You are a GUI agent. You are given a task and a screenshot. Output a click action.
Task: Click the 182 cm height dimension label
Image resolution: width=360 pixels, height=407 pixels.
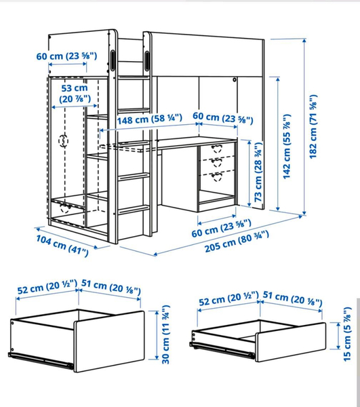(313, 127)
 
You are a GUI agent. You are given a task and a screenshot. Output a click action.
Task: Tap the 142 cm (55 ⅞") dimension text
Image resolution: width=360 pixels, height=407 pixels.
(287, 147)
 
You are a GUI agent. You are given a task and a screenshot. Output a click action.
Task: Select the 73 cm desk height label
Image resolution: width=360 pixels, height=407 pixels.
(258, 172)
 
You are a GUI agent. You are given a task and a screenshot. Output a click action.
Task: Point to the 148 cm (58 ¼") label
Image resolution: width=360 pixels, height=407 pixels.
(149, 119)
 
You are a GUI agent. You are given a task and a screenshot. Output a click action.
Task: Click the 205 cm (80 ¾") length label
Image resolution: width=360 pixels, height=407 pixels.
(237, 242)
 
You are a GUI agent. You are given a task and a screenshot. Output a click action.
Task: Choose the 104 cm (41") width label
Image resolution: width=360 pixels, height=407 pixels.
(62, 246)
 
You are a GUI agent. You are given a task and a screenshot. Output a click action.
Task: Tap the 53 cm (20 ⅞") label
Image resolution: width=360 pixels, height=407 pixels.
(75, 94)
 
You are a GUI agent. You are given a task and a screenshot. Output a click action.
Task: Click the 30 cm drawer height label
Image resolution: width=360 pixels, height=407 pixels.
(165, 334)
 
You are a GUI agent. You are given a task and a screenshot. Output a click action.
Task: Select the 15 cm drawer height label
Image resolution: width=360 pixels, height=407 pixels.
(347, 334)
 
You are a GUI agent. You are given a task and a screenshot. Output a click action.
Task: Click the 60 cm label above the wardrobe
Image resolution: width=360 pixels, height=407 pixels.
(66, 56)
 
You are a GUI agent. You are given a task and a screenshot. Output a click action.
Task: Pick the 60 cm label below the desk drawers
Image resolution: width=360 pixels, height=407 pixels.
(222, 228)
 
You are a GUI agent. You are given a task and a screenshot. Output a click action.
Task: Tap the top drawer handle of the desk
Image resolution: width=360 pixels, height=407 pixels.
(216, 149)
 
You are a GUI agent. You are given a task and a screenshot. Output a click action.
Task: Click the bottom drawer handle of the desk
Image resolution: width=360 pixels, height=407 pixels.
(216, 177)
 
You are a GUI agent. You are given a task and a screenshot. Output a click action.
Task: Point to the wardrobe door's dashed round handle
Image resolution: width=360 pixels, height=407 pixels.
(63, 141)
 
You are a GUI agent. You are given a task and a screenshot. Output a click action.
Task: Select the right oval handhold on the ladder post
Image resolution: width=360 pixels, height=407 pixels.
(147, 61)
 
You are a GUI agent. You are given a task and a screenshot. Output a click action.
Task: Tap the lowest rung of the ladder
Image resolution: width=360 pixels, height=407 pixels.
(134, 210)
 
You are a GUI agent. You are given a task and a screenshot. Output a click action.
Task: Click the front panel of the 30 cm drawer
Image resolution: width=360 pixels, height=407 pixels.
(109, 341)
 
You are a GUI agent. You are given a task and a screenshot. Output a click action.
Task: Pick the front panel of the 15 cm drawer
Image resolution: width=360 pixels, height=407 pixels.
(291, 342)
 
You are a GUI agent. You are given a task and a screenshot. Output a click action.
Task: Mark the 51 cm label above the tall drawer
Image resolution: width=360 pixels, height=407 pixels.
(111, 287)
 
